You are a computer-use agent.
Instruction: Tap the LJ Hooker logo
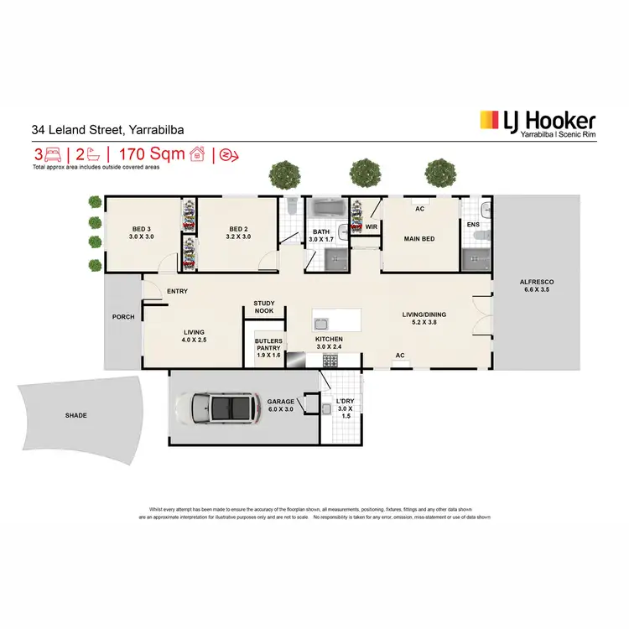tap(537, 123)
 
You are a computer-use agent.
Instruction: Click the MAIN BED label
tap(418, 237)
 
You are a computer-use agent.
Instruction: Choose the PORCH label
tap(123, 317)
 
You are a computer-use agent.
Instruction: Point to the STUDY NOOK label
tap(265, 307)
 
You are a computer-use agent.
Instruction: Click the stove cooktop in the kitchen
tap(330, 361)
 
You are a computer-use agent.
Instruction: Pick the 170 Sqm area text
tap(149, 154)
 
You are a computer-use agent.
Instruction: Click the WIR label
tap(371, 226)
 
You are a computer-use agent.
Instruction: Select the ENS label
tap(472, 225)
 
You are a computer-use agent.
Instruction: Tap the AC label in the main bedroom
tap(418, 209)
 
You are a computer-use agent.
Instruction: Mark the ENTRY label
tap(177, 291)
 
